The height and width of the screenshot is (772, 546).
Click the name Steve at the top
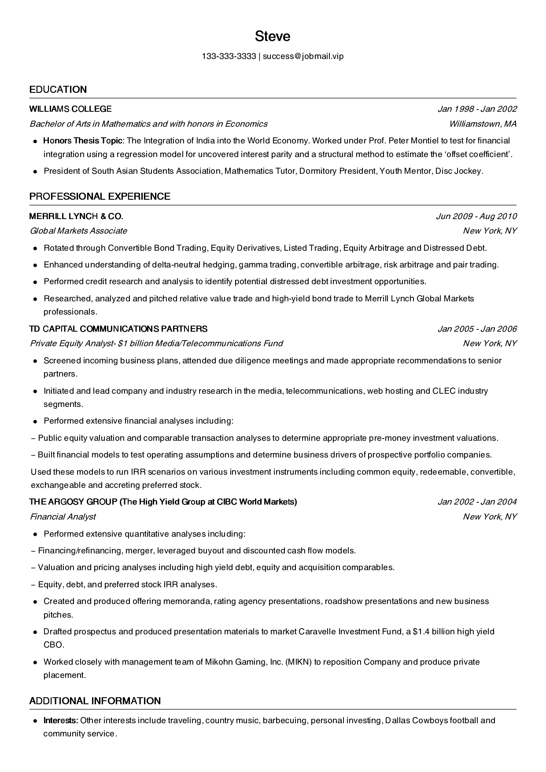273,36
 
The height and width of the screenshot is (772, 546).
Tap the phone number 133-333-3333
229,56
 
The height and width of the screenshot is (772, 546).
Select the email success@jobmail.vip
303,56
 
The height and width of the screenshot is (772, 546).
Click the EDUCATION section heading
58,90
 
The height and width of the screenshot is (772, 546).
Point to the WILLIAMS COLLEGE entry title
70,109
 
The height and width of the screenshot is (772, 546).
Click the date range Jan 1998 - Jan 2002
477,109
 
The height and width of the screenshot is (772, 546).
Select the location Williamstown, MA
483,124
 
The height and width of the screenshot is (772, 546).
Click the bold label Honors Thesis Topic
83,141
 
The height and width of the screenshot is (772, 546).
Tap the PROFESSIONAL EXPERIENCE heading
100,197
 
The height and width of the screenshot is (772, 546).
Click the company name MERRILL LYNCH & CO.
76,216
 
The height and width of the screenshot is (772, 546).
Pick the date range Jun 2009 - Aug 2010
476,216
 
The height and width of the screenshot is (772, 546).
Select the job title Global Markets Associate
78,231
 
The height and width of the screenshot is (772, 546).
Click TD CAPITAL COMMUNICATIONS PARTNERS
118,329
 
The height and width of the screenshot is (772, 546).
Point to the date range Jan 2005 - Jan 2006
477,329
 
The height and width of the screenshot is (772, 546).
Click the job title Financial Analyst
63,517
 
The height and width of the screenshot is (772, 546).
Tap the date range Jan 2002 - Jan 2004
477,502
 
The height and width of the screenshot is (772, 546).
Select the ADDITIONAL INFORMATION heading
95,701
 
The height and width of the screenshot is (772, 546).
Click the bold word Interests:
61,721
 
